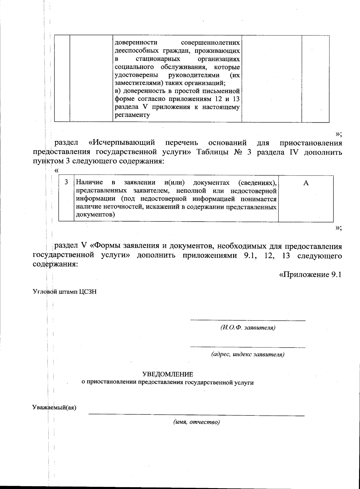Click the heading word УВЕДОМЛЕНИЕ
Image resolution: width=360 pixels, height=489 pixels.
(x=168, y=374)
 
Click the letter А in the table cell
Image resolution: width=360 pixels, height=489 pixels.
(x=306, y=183)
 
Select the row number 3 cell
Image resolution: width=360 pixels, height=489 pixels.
(x=66, y=182)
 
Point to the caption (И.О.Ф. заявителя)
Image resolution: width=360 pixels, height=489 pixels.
(x=248, y=327)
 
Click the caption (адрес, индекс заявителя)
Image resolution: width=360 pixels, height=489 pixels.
(x=248, y=354)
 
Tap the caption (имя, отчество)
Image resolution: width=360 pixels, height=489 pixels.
(x=196, y=422)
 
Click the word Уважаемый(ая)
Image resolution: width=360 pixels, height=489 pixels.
(x=54, y=408)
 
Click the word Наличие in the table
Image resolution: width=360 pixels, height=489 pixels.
(x=90, y=182)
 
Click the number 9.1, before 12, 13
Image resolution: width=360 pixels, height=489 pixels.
(x=248, y=256)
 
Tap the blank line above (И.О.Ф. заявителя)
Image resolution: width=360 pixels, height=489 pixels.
(x=248, y=321)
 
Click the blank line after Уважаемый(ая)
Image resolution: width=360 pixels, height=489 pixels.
(x=196, y=415)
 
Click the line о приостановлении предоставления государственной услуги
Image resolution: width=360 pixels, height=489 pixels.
(x=168, y=382)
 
